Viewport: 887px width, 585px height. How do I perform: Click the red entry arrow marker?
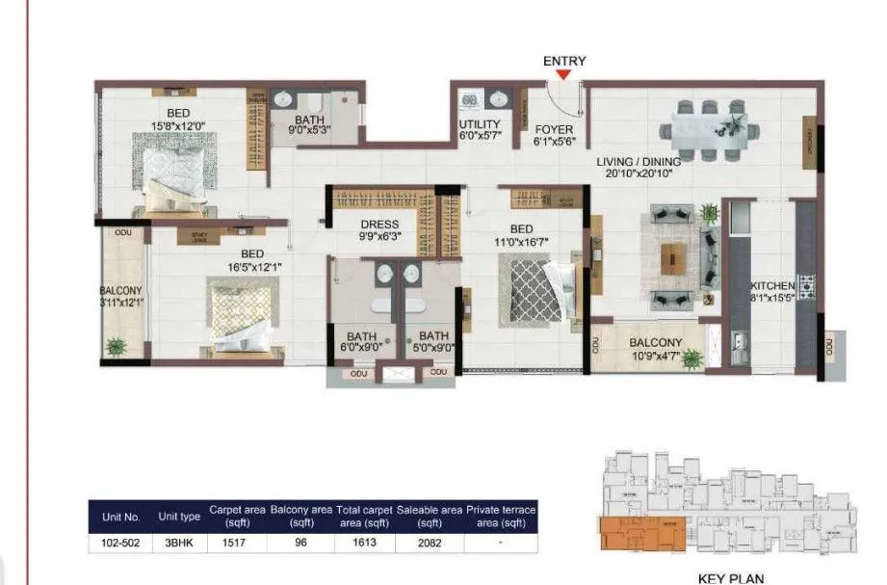pyautogui.click(x=564, y=75)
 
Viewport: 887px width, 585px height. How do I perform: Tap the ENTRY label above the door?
pyautogui.click(x=564, y=61)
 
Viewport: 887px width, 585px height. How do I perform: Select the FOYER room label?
pyautogui.click(x=554, y=128)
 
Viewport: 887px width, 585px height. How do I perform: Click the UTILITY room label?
pyautogui.click(x=479, y=125)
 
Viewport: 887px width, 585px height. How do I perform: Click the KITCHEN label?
pyautogui.click(x=773, y=286)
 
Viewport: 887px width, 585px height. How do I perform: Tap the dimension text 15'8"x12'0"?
pyautogui.click(x=178, y=126)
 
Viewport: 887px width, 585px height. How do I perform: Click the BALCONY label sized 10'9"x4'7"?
pyautogui.click(x=656, y=343)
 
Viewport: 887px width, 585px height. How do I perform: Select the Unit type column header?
pyautogui.click(x=178, y=517)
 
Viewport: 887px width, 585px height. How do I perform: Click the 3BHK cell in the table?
pyautogui.click(x=177, y=543)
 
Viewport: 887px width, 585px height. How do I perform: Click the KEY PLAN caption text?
pyautogui.click(x=731, y=578)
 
